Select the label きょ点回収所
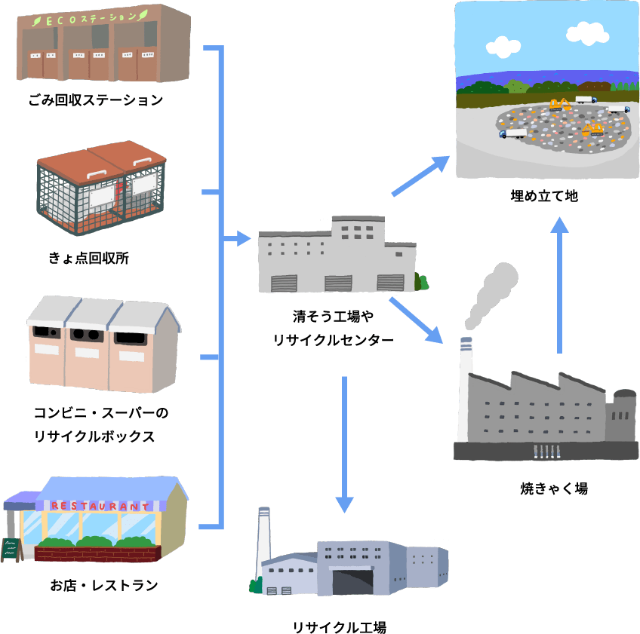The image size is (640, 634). pos(89,259)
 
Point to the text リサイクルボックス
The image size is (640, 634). pos(94,436)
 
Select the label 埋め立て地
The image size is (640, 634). pos(544,196)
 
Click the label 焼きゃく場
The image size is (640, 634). pos(554,489)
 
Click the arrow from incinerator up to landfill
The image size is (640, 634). pos(558,286)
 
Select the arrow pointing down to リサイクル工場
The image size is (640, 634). pos(344,445)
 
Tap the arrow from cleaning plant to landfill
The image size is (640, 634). pos(421,176)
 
